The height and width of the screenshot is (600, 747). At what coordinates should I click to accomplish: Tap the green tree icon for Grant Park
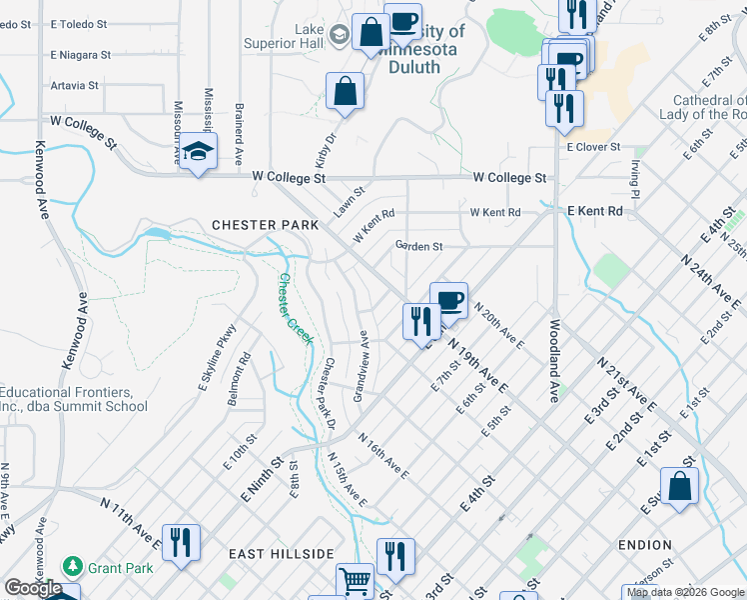point(72,566)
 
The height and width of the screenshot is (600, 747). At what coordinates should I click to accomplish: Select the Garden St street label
point(418,246)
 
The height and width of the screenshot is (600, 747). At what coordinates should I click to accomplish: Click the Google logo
point(33,588)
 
